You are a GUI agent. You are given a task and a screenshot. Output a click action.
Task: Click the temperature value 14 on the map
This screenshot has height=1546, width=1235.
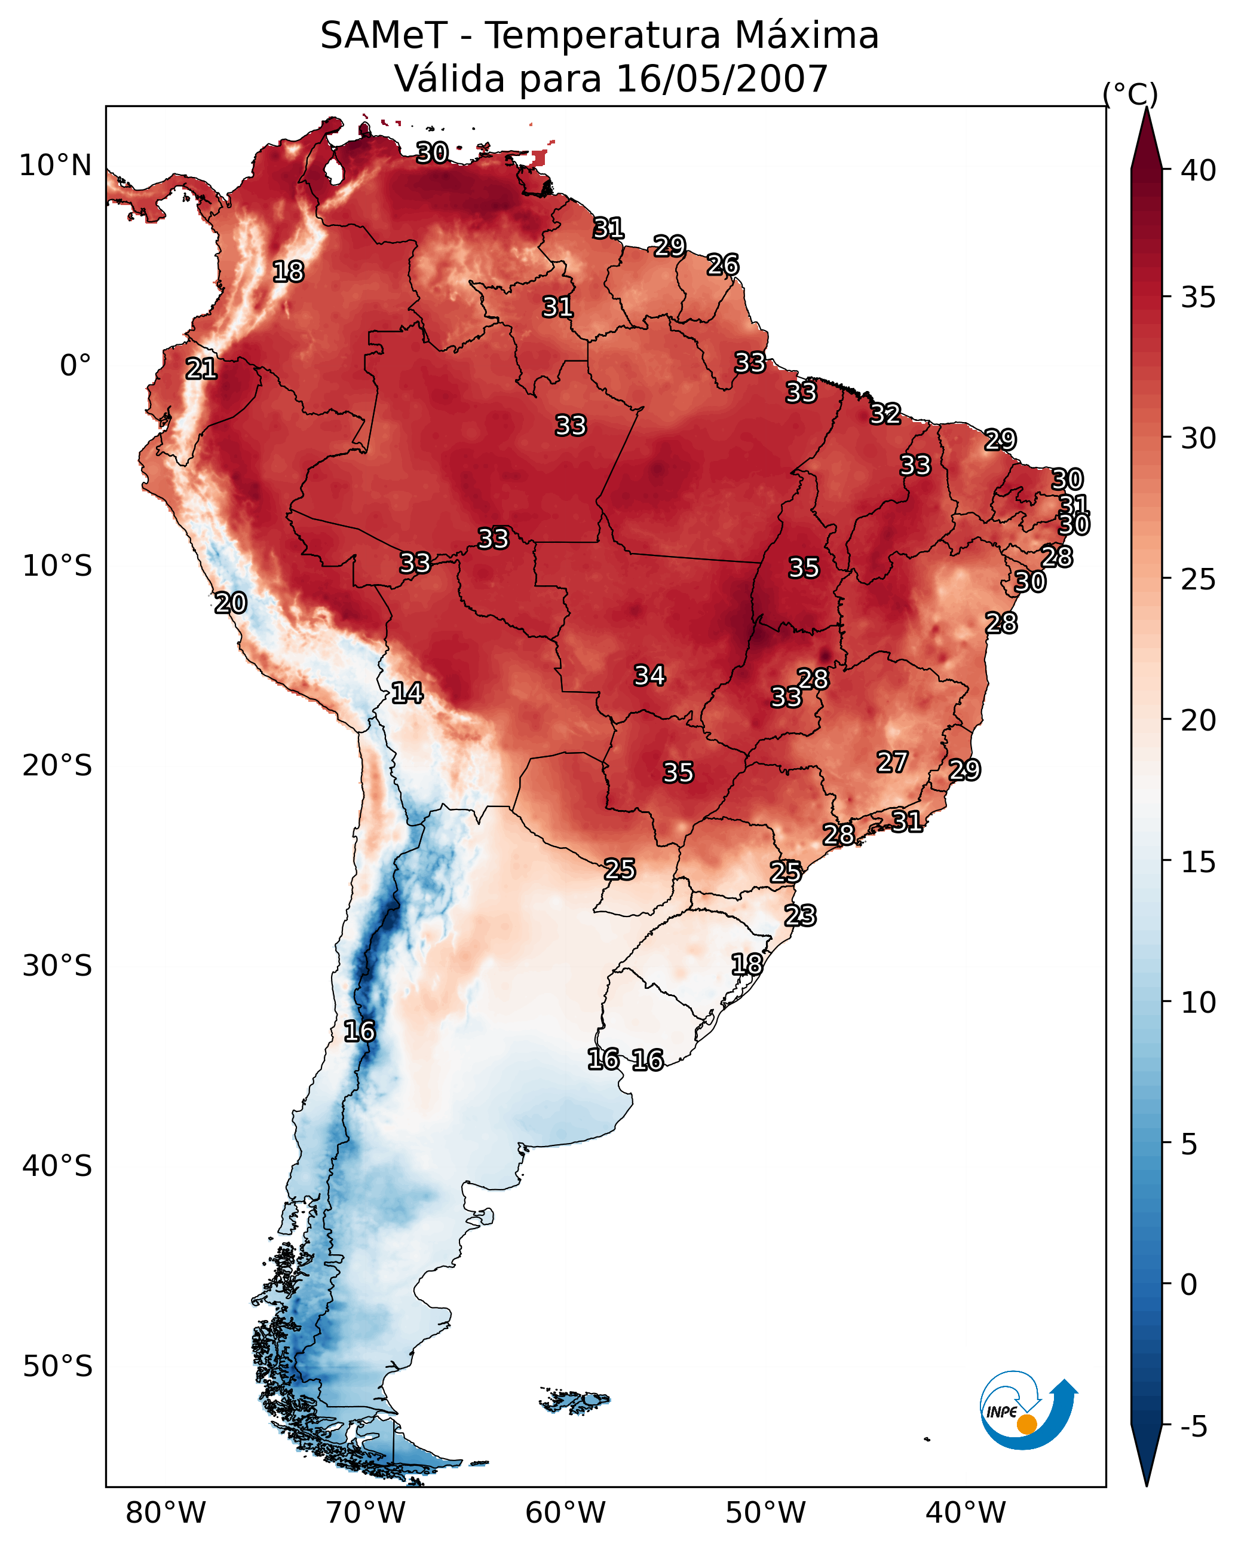406,693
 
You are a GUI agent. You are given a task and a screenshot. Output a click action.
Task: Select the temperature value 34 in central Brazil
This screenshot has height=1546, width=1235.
649,676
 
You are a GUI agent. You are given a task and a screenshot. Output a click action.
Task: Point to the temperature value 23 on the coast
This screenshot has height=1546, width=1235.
800,916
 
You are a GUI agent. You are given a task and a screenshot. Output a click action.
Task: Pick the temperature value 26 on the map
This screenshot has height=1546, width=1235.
722,265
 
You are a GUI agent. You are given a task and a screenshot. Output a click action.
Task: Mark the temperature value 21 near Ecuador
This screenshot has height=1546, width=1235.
201,369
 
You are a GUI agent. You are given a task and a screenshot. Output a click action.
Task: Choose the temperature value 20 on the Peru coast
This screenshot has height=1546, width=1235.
231,603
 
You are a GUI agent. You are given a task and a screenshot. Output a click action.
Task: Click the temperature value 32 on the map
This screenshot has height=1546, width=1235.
885,414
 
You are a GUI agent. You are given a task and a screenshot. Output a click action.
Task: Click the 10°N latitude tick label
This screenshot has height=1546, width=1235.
55,166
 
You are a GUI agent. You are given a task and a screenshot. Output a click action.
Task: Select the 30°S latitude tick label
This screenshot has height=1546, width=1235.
57,966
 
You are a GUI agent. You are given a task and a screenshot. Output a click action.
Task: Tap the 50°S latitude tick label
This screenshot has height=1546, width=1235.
57,1367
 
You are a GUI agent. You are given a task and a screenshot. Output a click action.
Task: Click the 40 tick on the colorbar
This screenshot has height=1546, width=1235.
1199,170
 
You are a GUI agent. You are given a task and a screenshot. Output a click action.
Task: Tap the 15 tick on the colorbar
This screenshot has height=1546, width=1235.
1199,862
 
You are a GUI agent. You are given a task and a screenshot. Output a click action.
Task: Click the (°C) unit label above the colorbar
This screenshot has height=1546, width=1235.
1130,93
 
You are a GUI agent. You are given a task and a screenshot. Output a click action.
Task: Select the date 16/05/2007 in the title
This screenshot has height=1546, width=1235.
722,79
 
